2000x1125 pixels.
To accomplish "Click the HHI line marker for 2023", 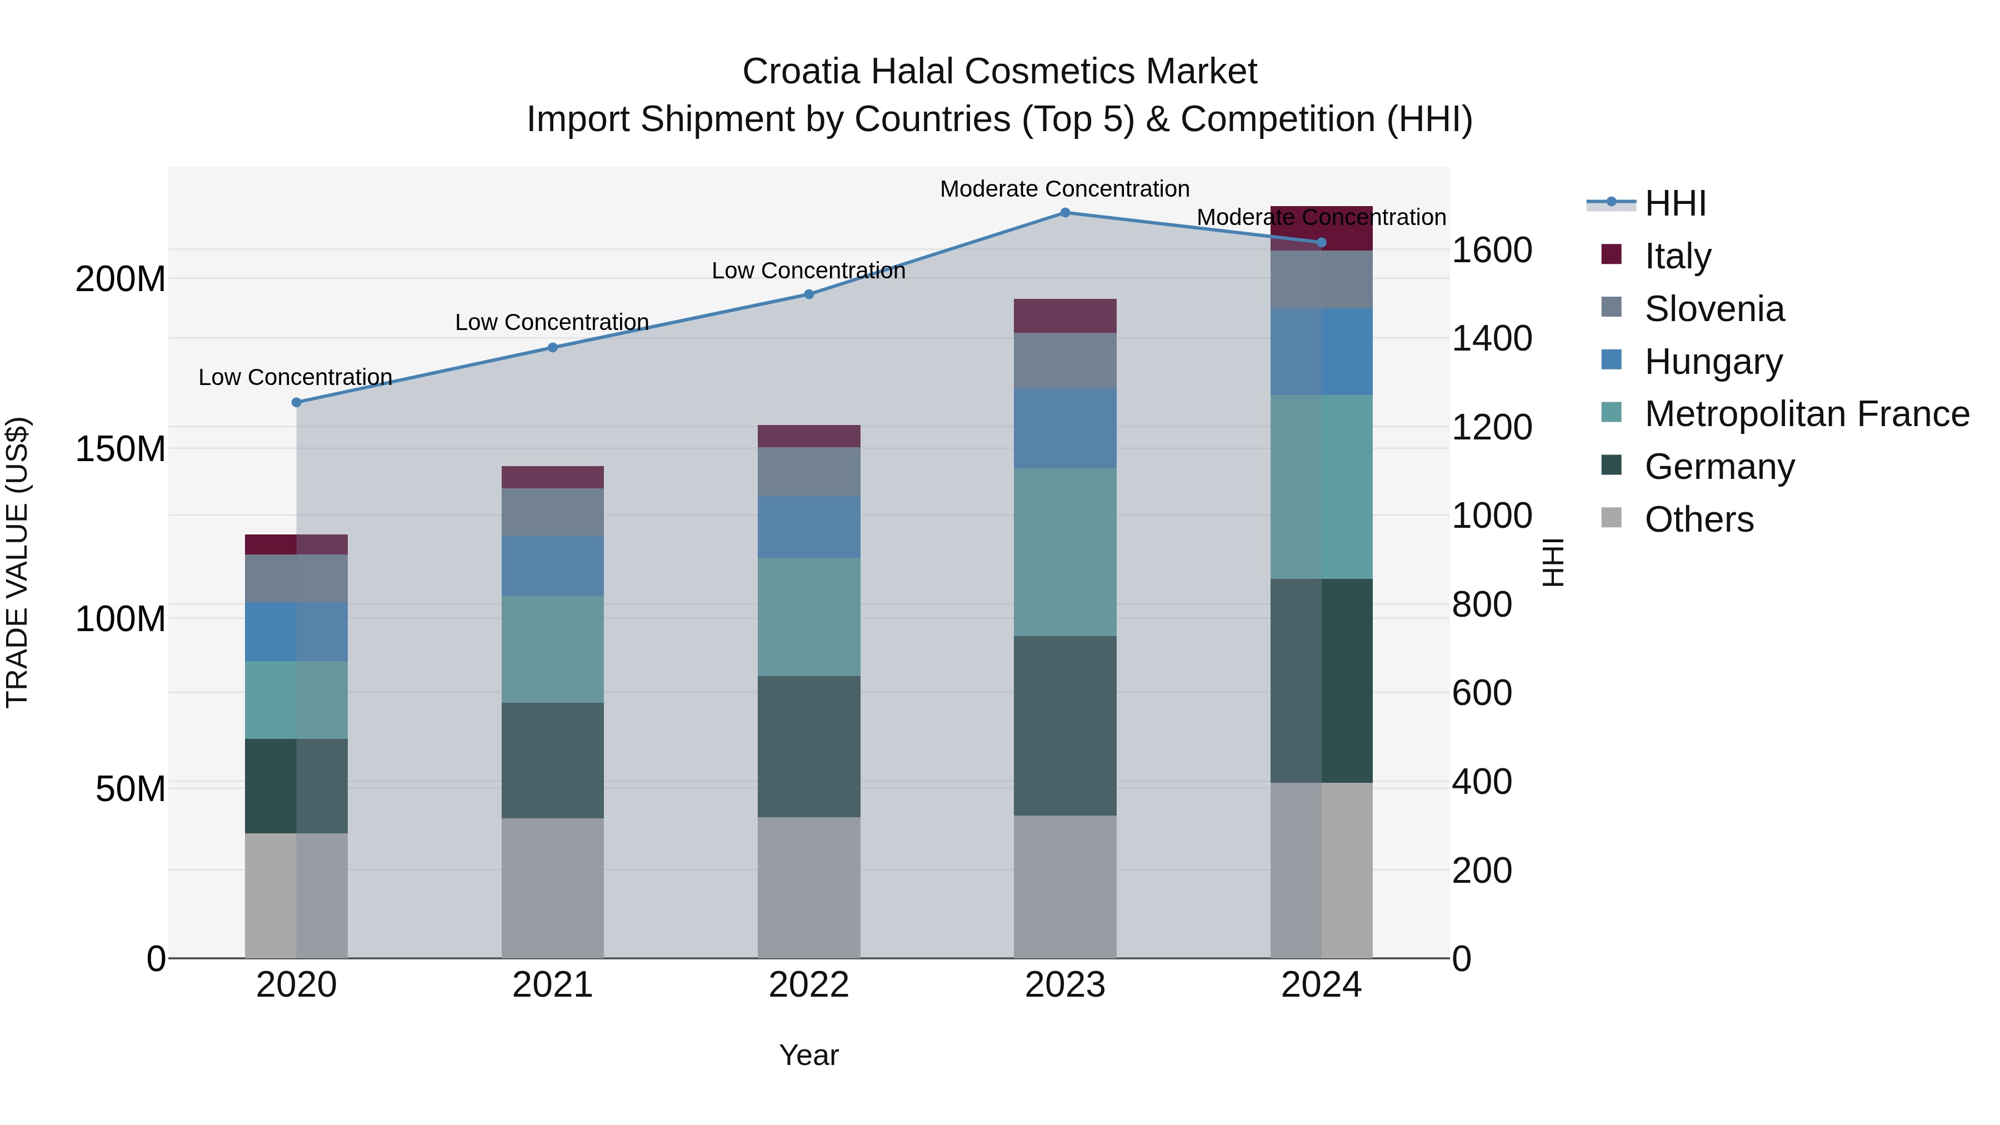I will pyautogui.click(x=1064, y=213).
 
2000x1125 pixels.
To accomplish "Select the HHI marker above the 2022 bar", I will pyautogui.click(x=808, y=294).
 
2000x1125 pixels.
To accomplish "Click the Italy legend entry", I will pyautogui.click(x=1677, y=256).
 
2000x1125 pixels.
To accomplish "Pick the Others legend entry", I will pyautogui.click(x=1698, y=519).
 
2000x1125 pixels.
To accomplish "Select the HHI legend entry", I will pyautogui.click(x=1674, y=203).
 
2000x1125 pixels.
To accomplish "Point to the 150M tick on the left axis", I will pyautogui.click(x=121, y=449).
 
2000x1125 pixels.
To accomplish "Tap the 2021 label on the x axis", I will pyautogui.click(x=552, y=984).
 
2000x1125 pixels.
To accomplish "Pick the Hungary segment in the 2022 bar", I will pyautogui.click(x=808, y=527).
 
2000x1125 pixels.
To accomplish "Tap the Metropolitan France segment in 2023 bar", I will pyautogui.click(x=1064, y=552).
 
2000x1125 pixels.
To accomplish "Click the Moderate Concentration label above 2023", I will pyautogui.click(x=1064, y=189).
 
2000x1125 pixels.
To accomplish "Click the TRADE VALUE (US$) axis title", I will pyautogui.click(x=17, y=562).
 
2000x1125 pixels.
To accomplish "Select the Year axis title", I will pyautogui.click(x=808, y=1055).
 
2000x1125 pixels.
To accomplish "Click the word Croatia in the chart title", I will pyautogui.click(x=801, y=72).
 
